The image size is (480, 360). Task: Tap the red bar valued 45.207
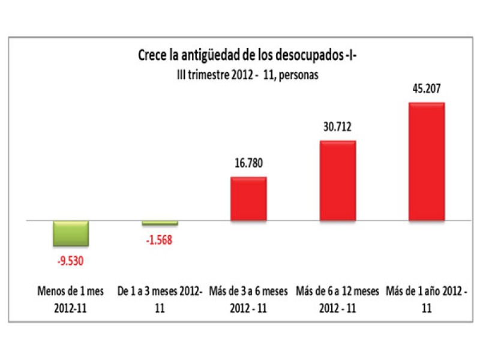pyautogui.click(x=427, y=162)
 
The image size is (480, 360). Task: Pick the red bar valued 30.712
pyautogui.click(x=337, y=181)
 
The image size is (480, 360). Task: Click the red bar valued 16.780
pyautogui.click(x=248, y=199)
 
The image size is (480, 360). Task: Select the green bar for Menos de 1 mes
pyautogui.click(x=71, y=233)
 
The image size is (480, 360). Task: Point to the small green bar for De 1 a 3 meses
pyautogui.click(x=160, y=223)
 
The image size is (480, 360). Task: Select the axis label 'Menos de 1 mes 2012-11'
pyautogui.click(x=71, y=299)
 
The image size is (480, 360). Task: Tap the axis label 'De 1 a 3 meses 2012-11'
pyautogui.click(x=160, y=299)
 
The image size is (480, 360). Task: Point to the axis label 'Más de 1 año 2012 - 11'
pyautogui.click(x=427, y=299)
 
